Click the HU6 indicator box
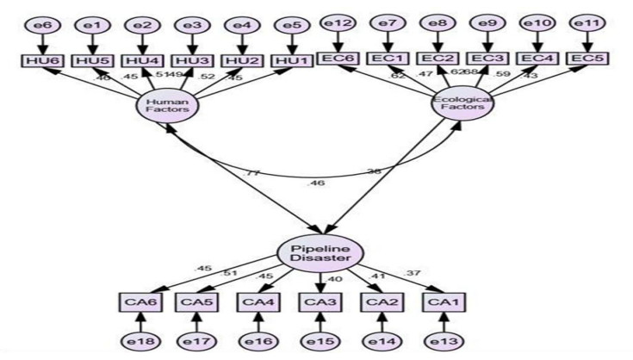tap(36, 61)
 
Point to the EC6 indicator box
tap(337, 59)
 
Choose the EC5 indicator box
tap(589, 59)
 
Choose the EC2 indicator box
tap(438, 59)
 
